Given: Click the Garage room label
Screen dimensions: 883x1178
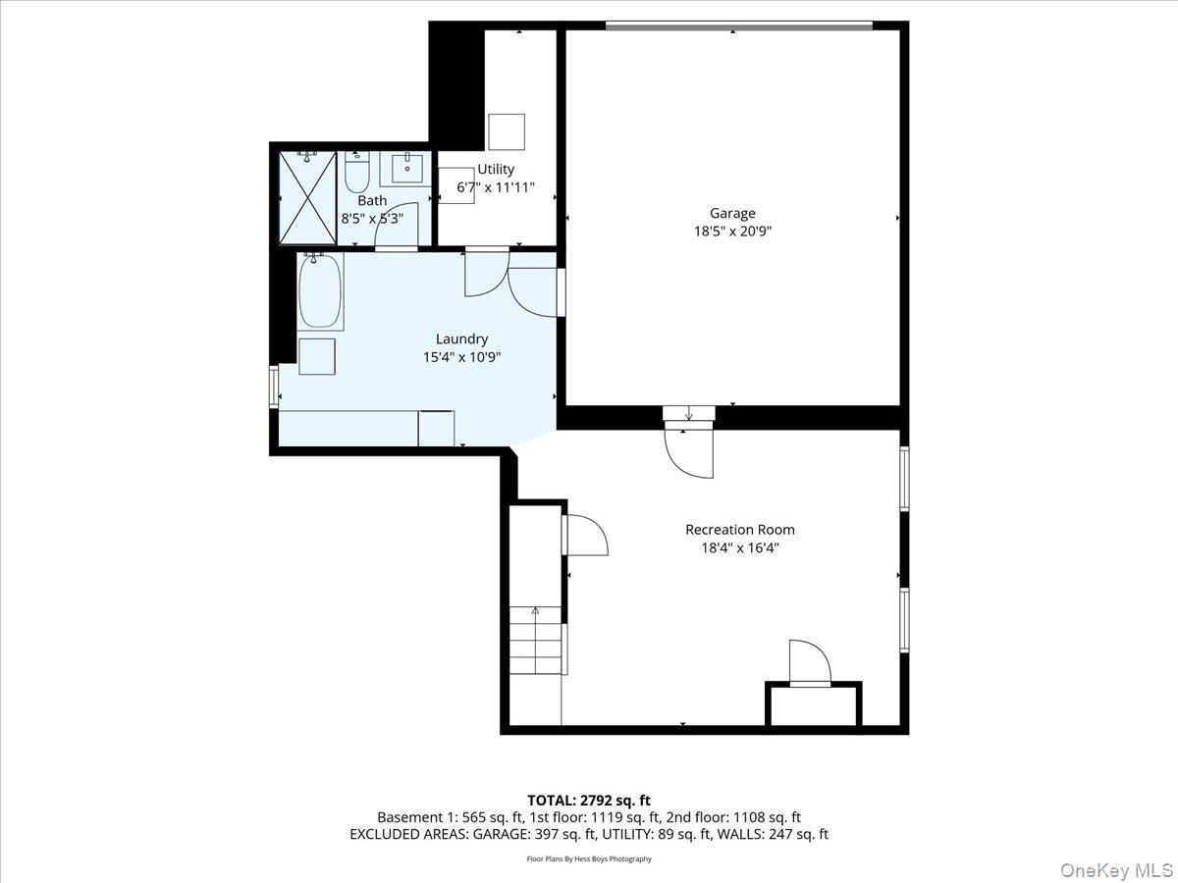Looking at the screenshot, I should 732,213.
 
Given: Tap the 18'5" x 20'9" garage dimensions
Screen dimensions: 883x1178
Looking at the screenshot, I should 732,232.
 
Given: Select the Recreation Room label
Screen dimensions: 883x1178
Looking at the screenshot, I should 739,530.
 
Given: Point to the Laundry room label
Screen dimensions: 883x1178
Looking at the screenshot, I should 461,339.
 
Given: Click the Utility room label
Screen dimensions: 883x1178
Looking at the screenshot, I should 496,169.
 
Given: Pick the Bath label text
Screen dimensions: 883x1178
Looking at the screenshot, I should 372,200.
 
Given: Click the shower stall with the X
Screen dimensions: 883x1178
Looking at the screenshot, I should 307,196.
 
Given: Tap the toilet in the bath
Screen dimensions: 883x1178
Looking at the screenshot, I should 356,175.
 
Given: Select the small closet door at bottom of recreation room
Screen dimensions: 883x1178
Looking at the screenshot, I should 810,663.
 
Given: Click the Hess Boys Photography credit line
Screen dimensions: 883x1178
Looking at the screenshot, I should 589,859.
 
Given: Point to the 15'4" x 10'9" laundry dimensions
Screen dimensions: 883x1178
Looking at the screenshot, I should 461,358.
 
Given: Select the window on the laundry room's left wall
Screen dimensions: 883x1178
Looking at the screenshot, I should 274,387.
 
